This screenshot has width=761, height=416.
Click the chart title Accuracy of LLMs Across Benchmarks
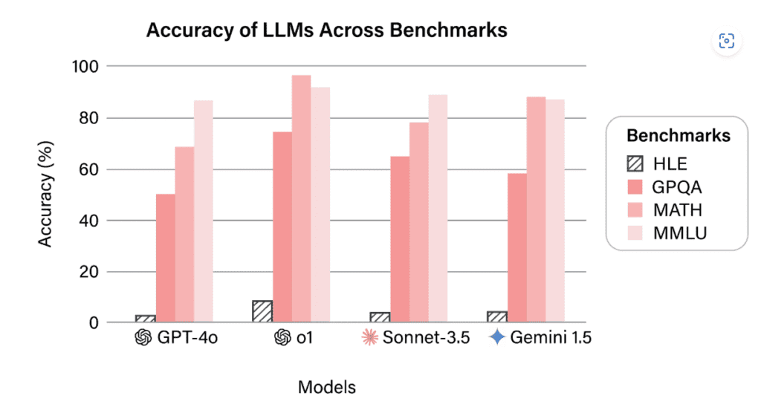click(x=326, y=30)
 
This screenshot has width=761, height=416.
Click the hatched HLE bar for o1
click(x=262, y=312)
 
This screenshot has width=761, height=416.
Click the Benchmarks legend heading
click(x=678, y=136)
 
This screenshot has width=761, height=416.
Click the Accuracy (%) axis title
click(x=46, y=195)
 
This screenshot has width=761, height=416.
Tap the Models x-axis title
click(x=326, y=387)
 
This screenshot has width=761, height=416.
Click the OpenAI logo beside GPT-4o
click(x=143, y=338)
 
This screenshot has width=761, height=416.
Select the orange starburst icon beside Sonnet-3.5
click(x=369, y=338)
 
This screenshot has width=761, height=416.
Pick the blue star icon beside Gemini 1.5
click(x=497, y=338)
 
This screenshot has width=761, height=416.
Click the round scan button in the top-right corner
click(x=727, y=41)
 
